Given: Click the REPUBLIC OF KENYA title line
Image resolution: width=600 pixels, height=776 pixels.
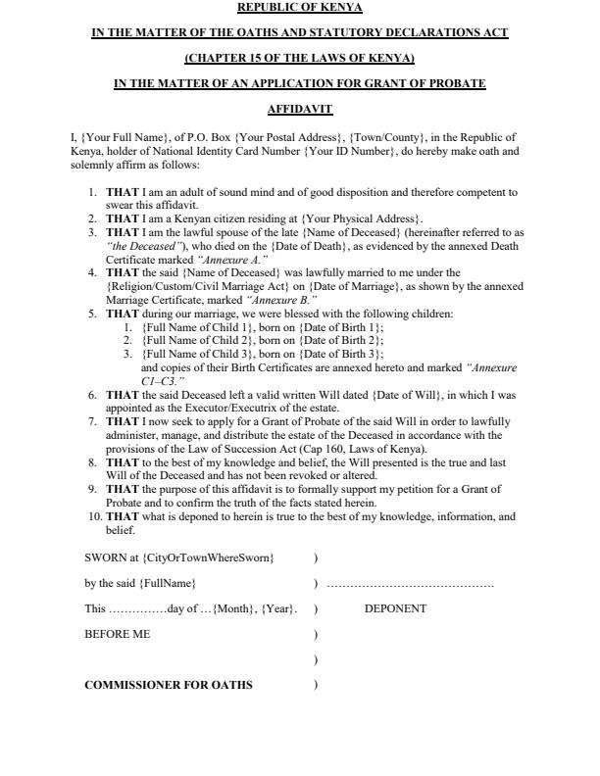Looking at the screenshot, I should coord(300,8).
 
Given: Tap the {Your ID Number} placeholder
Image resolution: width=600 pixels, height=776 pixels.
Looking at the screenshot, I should coord(349,152).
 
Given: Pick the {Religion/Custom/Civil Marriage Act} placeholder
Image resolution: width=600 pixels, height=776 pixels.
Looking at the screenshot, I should coord(194,286).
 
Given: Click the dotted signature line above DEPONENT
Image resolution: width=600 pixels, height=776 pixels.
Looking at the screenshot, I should coord(410,585).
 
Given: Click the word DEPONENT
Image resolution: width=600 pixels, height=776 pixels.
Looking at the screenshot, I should coord(395,608).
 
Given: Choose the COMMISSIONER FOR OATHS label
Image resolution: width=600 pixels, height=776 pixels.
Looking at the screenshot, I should coord(169,685).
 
